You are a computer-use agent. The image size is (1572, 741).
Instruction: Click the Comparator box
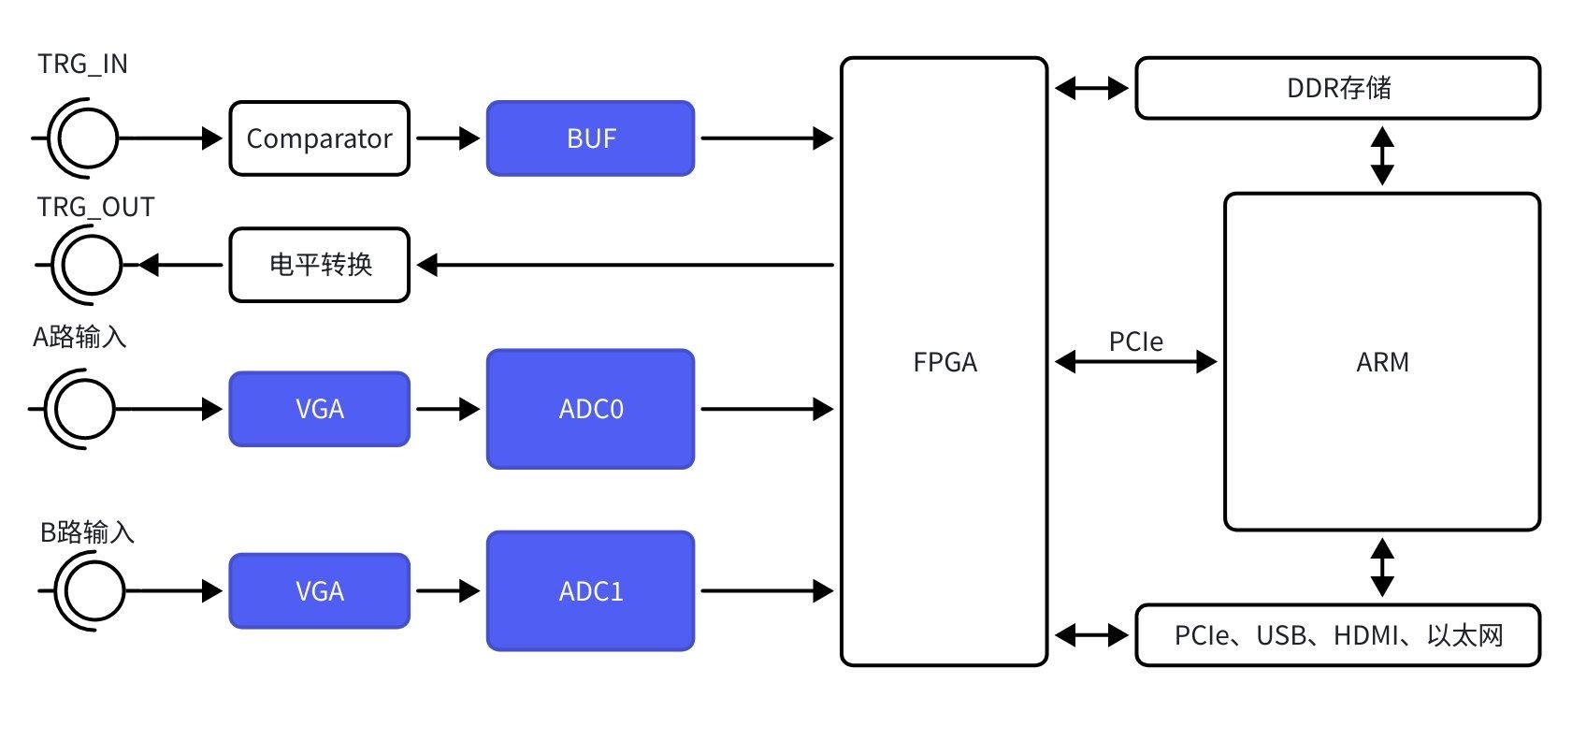click(319, 138)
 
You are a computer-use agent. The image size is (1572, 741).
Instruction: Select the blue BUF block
click(590, 138)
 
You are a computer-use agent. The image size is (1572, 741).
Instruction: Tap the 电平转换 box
click(319, 265)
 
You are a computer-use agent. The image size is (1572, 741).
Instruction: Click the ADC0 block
click(590, 409)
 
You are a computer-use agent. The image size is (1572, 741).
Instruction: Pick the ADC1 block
click(590, 591)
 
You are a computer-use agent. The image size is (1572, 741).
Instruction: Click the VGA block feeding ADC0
click(319, 409)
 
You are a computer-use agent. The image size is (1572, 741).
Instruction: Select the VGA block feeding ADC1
click(319, 591)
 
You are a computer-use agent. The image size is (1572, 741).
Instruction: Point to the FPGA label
click(945, 362)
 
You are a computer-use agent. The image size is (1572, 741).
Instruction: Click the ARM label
click(1382, 362)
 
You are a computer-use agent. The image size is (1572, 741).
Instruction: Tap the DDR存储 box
click(1337, 88)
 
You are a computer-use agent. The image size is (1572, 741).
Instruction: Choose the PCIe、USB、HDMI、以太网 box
click(1337, 635)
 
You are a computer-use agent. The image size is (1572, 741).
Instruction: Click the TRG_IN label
click(82, 64)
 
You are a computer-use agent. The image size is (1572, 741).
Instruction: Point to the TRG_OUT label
click(95, 207)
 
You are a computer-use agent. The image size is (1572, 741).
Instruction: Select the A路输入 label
click(79, 337)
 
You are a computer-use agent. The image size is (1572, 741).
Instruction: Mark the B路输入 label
click(87, 532)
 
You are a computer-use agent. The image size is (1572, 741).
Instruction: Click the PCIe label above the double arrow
click(1135, 341)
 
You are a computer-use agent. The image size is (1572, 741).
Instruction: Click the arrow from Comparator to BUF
click(447, 138)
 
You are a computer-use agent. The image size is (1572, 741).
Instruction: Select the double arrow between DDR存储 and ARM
click(1382, 155)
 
